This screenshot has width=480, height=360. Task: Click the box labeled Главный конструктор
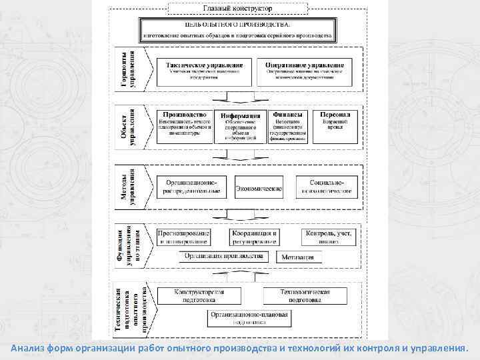click(x=238, y=8)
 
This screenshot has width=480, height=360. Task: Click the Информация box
click(x=240, y=127)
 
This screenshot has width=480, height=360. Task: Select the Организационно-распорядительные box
click(x=192, y=186)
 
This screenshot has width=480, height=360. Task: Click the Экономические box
click(x=259, y=190)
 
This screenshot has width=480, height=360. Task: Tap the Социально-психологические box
click(x=326, y=186)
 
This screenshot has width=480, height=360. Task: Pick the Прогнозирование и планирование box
click(x=184, y=237)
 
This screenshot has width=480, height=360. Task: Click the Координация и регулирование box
click(x=254, y=237)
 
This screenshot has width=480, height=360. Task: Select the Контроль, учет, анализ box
click(x=329, y=237)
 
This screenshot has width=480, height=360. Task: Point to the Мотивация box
click(x=297, y=257)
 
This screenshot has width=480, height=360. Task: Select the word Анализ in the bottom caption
click(x=28, y=348)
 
